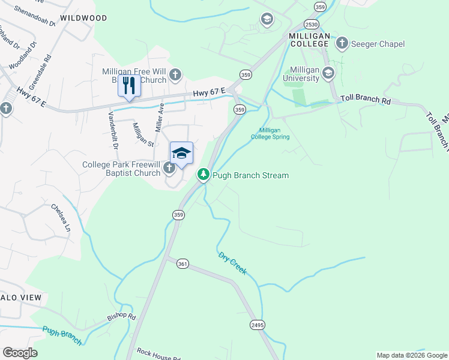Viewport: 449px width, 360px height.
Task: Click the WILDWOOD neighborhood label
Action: point(83,19)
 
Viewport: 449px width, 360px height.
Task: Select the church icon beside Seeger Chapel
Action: point(342,43)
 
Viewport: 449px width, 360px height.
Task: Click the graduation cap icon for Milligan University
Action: point(328,74)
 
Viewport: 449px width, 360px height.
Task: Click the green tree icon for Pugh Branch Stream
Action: point(203,175)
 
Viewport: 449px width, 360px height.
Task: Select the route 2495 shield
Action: point(258,325)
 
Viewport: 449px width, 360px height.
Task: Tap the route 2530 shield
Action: point(311,25)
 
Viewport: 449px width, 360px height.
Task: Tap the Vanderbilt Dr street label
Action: point(112,130)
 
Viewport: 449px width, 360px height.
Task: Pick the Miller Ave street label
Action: point(160,117)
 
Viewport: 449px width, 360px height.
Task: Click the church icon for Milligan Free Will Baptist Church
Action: point(175,75)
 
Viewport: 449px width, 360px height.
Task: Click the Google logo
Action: point(20,353)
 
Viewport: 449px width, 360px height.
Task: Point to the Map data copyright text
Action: point(411,355)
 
